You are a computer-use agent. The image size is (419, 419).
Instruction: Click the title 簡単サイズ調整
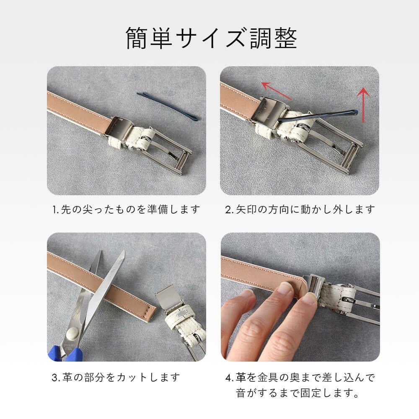tap(211, 38)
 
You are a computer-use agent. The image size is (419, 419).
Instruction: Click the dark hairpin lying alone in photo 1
tap(168, 106)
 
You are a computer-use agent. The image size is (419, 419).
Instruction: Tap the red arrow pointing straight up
tap(363, 104)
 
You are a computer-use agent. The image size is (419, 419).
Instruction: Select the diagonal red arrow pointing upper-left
tap(276, 91)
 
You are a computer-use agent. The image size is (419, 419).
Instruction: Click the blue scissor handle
tap(66, 354)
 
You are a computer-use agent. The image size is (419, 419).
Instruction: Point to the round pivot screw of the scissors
tap(72, 334)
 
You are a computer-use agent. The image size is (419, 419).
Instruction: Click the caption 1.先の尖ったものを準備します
tap(126, 209)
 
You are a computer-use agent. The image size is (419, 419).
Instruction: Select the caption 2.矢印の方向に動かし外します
tap(300, 209)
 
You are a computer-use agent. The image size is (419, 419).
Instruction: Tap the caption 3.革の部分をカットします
tap(116, 378)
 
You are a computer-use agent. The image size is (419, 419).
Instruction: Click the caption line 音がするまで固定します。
tap(297, 393)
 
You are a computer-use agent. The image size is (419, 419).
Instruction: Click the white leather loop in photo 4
tap(337, 297)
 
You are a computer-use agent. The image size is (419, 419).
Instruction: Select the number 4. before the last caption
tap(229, 378)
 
